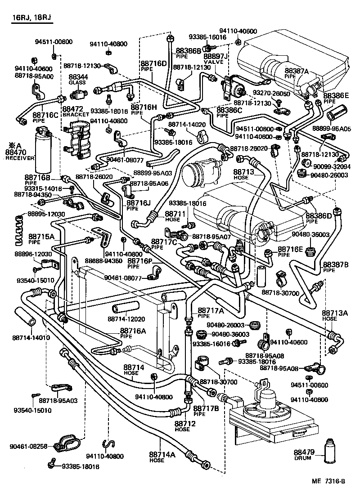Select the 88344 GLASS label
pos(78,80)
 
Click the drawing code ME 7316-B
pos(328,493)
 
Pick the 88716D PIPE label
pos(153,66)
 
